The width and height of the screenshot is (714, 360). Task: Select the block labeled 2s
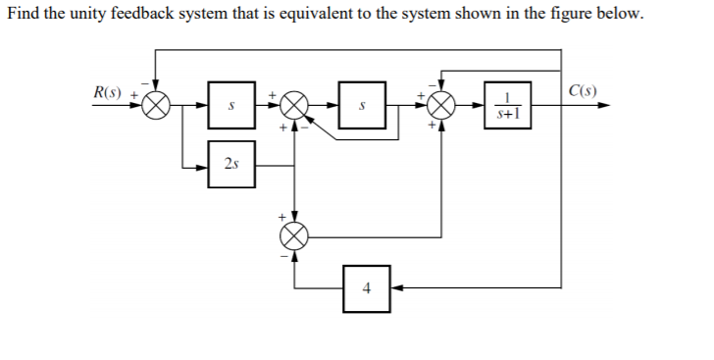click(x=229, y=165)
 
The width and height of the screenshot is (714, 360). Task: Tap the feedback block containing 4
click(x=367, y=288)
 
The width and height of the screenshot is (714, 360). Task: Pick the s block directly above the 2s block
click(x=229, y=105)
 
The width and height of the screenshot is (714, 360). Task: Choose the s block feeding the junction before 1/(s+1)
click(x=362, y=105)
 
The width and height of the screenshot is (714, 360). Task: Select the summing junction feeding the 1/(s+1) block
click(x=440, y=105)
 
